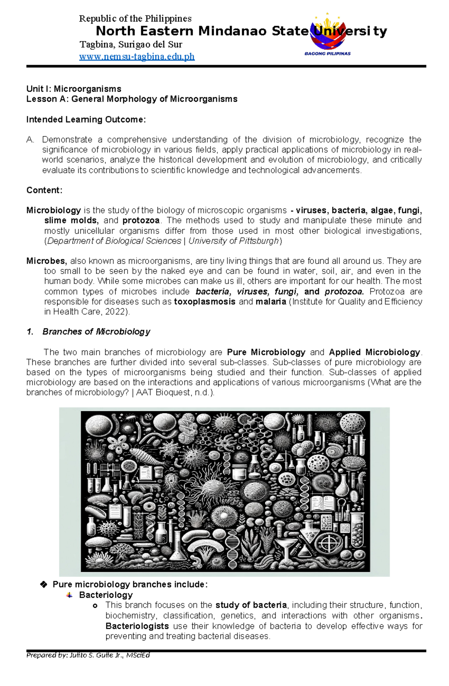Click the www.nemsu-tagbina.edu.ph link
137,56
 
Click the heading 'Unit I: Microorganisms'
74,89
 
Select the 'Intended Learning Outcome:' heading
86,120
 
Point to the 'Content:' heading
44,190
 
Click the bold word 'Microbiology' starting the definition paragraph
54,210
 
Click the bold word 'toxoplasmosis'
205,302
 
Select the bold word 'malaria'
271,302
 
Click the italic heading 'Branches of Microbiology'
96,332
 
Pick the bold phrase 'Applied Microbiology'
375,352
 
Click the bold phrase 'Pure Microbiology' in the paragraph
266,352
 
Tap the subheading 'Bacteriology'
106,595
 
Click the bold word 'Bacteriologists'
137,626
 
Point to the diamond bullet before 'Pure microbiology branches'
43,585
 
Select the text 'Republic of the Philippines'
135,19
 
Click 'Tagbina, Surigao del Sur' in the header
131,45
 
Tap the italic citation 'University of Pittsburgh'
233,241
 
